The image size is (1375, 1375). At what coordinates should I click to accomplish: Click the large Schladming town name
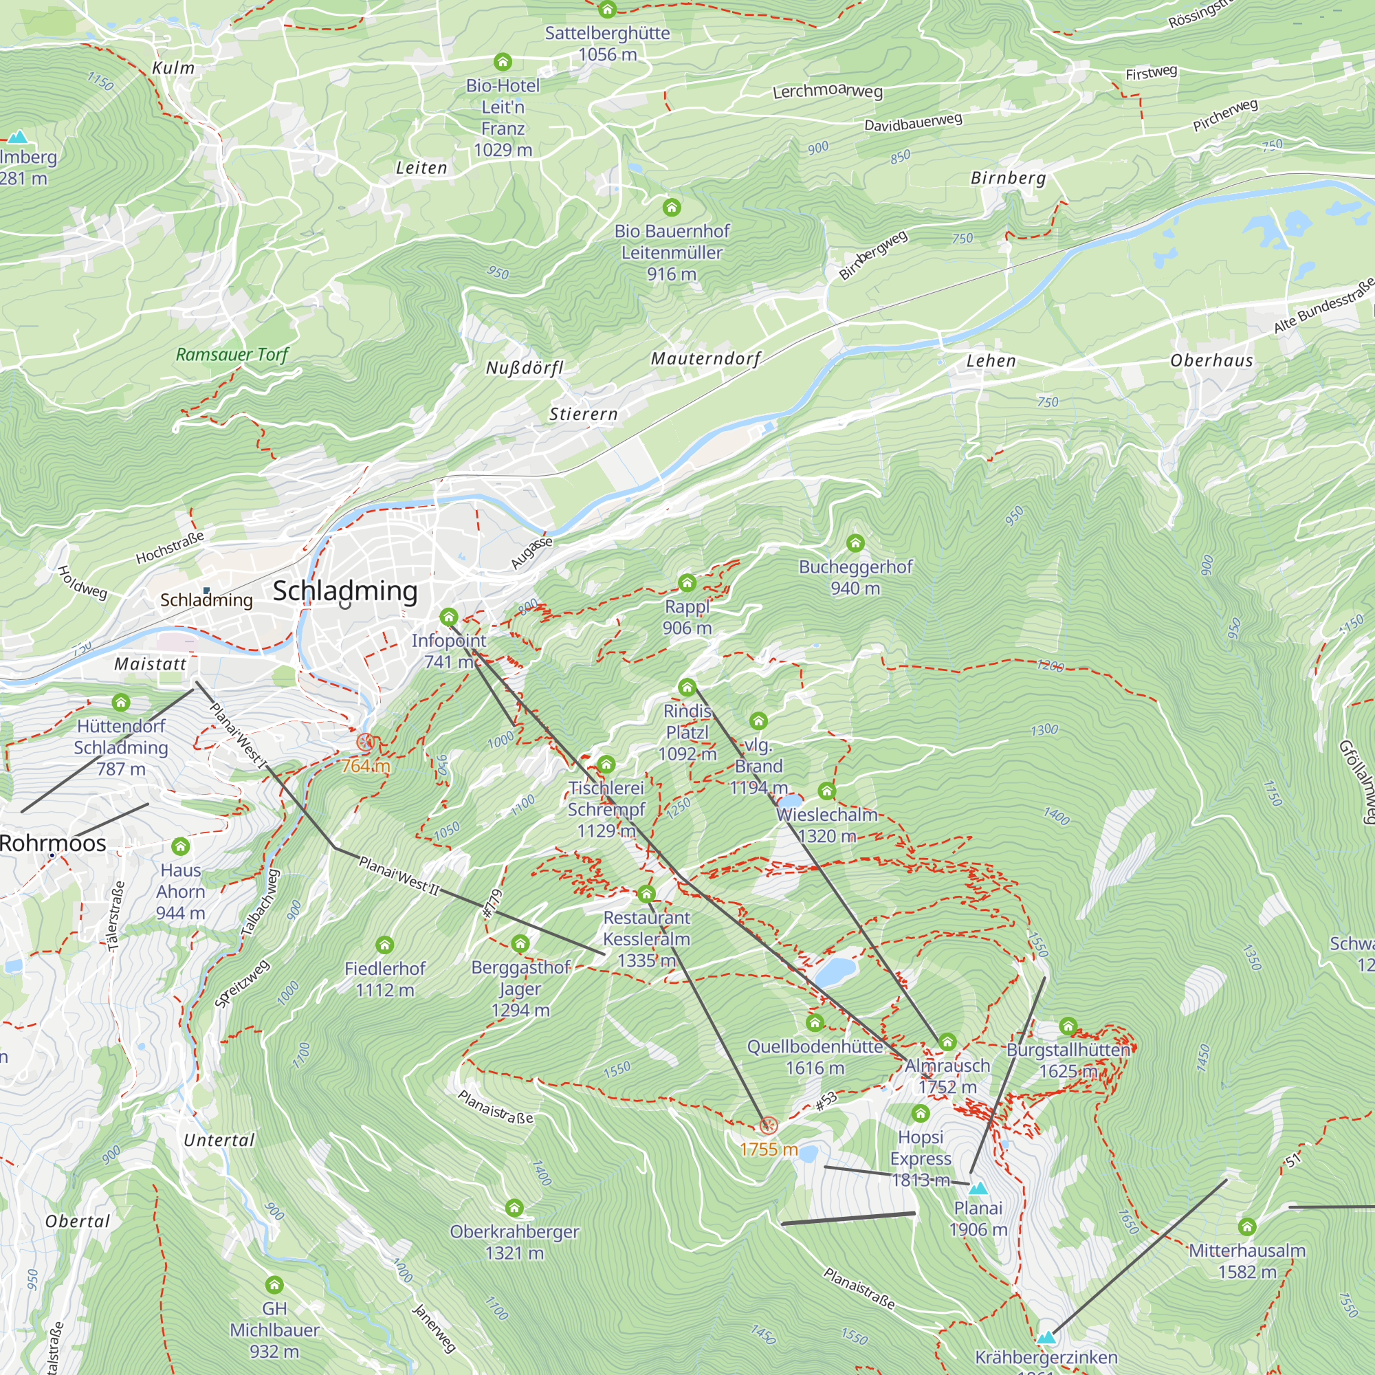coord(345,591)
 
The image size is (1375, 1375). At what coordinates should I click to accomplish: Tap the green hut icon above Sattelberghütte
coord(607,9)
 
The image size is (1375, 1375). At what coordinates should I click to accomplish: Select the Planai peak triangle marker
coord(978,1188)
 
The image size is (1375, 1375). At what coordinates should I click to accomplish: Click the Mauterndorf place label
coord(705,359)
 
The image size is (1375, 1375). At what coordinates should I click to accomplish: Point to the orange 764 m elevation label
coord(366,766)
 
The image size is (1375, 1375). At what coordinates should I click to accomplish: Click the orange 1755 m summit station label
coord(769,1149)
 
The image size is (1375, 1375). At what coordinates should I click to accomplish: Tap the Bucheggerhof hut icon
coord(855,544)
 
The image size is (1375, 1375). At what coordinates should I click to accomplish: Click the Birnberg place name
coord(1009,178)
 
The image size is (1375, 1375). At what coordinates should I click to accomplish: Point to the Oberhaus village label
coord(1211,361)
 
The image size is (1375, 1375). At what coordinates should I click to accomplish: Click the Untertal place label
coord(219,1140)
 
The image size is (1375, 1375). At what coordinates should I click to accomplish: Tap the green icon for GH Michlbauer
coord(274,1285)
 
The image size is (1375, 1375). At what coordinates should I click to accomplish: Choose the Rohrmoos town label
coord(53,844)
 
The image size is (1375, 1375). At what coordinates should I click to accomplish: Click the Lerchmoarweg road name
coord(828,91)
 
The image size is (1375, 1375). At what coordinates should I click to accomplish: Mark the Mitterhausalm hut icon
coord(1247,1227)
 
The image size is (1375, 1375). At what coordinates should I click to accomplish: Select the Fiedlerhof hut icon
coord(385,945)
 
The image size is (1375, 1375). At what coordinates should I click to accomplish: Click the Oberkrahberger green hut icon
coord(514,1208)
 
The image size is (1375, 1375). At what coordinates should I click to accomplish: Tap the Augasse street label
coord(531,553)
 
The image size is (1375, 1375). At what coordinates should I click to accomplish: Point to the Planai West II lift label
coord(399,876)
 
